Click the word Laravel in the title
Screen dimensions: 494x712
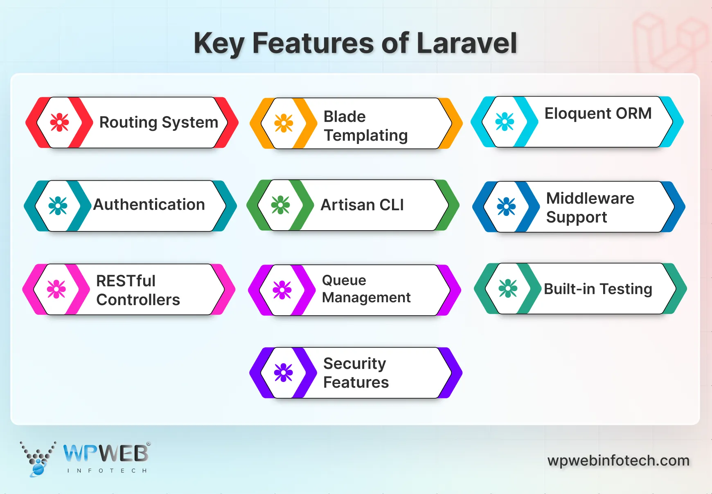point(466,43)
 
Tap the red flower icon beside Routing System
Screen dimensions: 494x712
point(59,122)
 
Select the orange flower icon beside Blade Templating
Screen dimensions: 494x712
point(284,123)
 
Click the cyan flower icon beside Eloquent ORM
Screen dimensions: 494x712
point(505,121)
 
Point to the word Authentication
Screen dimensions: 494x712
point(149,204)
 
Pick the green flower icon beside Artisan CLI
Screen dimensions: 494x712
point(280,205)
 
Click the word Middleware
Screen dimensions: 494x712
point(590,198)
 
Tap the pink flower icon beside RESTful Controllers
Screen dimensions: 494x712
point(56,289)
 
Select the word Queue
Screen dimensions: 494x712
point(344,281)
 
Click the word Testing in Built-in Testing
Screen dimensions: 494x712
point(626,289)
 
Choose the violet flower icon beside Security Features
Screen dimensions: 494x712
point(284,373)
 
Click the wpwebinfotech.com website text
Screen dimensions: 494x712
point(618,461)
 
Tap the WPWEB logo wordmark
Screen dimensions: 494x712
point(106,454)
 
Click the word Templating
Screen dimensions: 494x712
point(366,136)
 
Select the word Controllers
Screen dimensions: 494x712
point(138,300)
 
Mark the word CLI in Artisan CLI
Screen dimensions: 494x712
point(391,205)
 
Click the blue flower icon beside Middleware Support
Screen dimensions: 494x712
point(506,207)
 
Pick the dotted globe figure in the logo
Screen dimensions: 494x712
point(38,460)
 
